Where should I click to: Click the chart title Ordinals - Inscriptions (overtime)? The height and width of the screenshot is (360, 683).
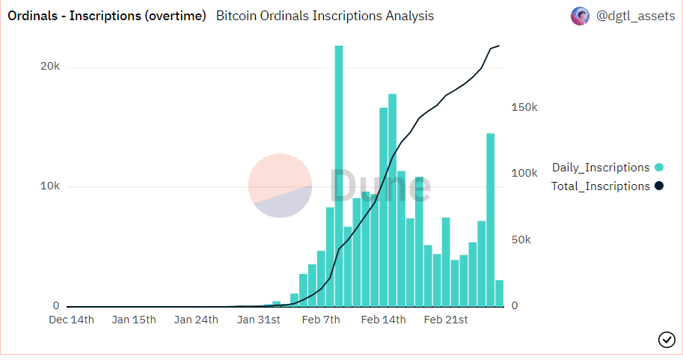click(106, 16)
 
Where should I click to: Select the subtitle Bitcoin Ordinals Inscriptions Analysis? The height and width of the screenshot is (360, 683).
click(325, 16)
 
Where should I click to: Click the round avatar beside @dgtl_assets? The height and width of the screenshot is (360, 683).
click(580, 16)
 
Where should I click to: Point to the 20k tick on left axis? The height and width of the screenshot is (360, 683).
click(50, 67)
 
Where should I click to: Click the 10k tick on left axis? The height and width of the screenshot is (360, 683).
click(50, 186)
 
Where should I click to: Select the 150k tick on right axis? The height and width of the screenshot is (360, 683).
click(524, 107)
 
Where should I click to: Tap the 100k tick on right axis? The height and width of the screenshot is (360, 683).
click(524, 173)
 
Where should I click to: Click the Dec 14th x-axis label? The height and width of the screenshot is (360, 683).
click(72, 320)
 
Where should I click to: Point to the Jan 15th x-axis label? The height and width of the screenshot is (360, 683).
click(134, 320)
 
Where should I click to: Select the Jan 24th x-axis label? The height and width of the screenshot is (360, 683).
click(196, 320)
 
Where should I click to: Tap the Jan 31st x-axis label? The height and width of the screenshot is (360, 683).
click(258, 320)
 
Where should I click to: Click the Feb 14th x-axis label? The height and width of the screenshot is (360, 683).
click(383, 320)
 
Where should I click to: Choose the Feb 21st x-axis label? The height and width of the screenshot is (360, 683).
click(445, 320)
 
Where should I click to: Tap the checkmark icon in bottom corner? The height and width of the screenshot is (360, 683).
click(667, 340)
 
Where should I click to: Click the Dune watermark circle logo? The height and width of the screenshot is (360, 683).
click(280, 186)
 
